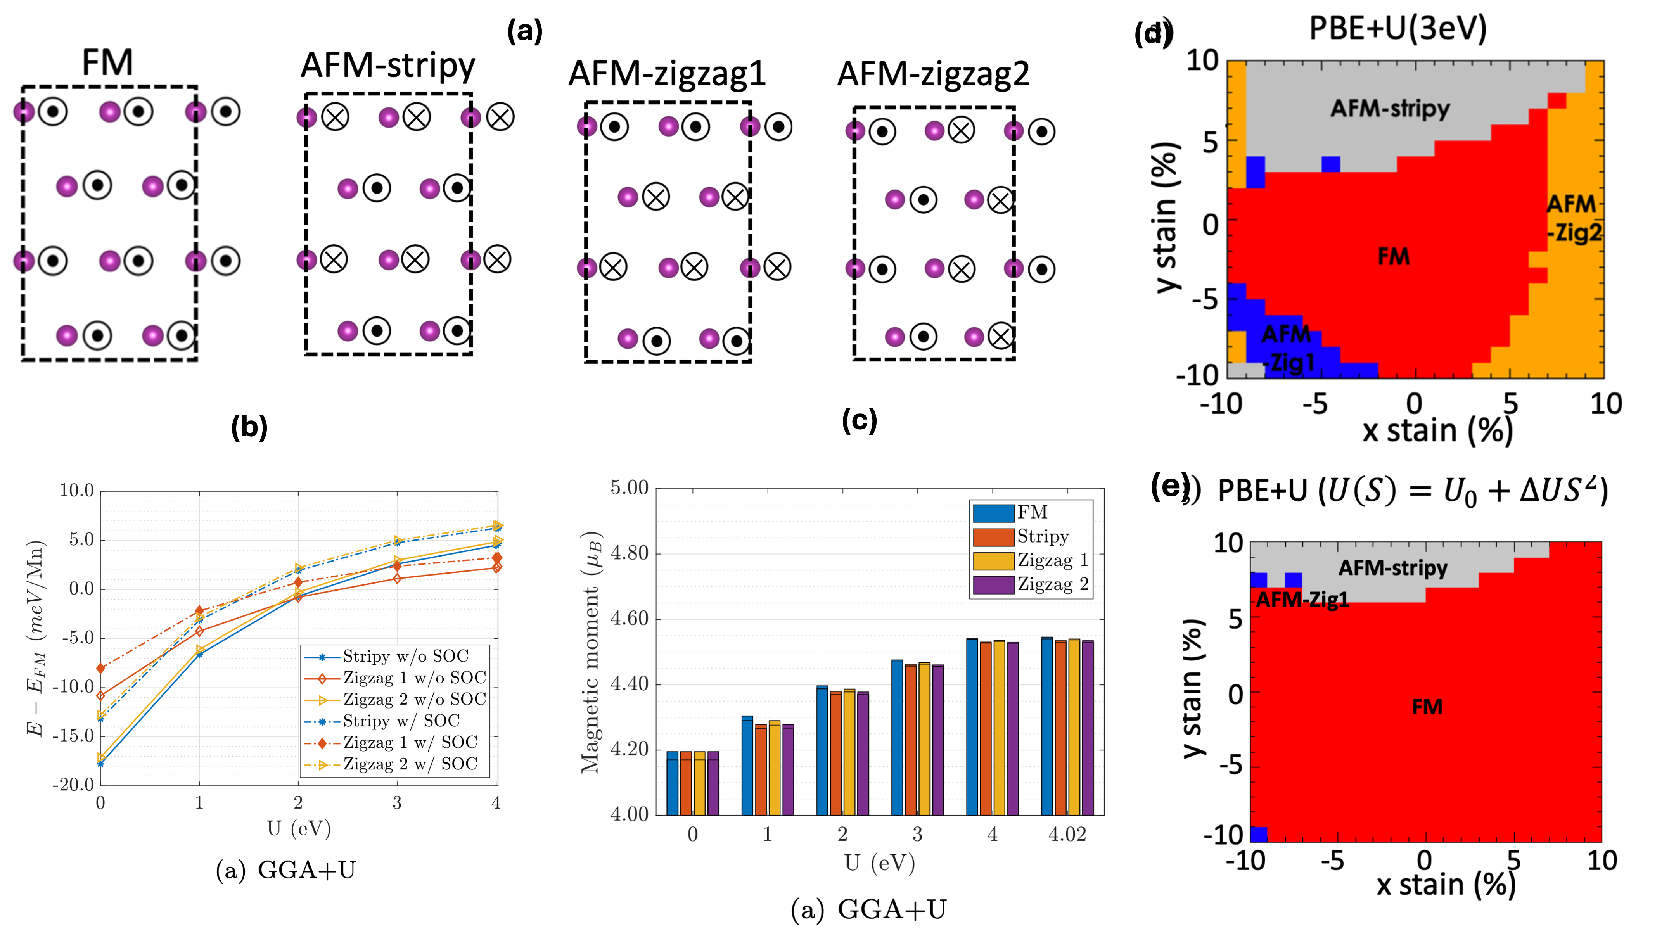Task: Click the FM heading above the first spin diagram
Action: tap(107, 63)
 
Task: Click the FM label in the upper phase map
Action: tap(1394, 257)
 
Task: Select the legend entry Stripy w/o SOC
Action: tap(405, 656)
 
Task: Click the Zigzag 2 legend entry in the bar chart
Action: tap(1052, 584)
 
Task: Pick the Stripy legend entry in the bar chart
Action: tap(1043, 536)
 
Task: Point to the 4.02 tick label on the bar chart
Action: tap(1067, 835)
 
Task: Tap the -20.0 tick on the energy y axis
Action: tap(74, 785)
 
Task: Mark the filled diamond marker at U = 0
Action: tap(100, 668)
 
